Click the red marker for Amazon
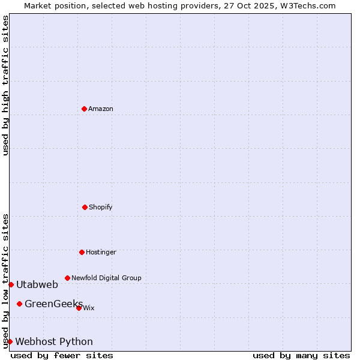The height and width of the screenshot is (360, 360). pos(84,109)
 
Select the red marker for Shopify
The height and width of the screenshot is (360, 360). pos(85,207)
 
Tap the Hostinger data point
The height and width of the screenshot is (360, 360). pos(82,252)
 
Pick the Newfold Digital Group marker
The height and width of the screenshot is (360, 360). pos(67,278)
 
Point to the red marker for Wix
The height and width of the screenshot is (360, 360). pos(79,308)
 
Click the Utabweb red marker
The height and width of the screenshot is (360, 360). pos(11,284)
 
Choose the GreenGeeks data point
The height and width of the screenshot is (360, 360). pos(19,304)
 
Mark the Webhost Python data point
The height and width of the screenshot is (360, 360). pos(10,341)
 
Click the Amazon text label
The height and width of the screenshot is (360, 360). pos(101,109)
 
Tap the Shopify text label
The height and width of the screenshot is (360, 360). pos(101,207)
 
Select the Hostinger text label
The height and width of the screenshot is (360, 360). pos(101,252)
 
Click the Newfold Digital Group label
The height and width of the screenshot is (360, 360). pos(106,278)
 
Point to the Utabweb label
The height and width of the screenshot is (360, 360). pos(37,284)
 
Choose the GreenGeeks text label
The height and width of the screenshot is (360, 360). pos(53,304)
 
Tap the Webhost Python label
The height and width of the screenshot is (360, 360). pos(54,341)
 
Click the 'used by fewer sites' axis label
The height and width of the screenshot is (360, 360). pos(62,355)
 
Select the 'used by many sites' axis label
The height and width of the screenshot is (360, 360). pos(301,355)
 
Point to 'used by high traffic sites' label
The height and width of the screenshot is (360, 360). pos(5,85)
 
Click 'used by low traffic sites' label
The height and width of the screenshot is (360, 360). pos(5,280)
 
